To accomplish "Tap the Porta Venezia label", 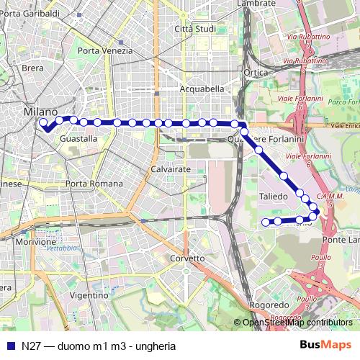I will point(105,51).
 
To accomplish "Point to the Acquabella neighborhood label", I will point(203,89).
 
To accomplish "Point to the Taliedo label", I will point(274,196).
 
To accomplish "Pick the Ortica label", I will point(256,73).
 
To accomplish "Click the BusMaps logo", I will point(325,344).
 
